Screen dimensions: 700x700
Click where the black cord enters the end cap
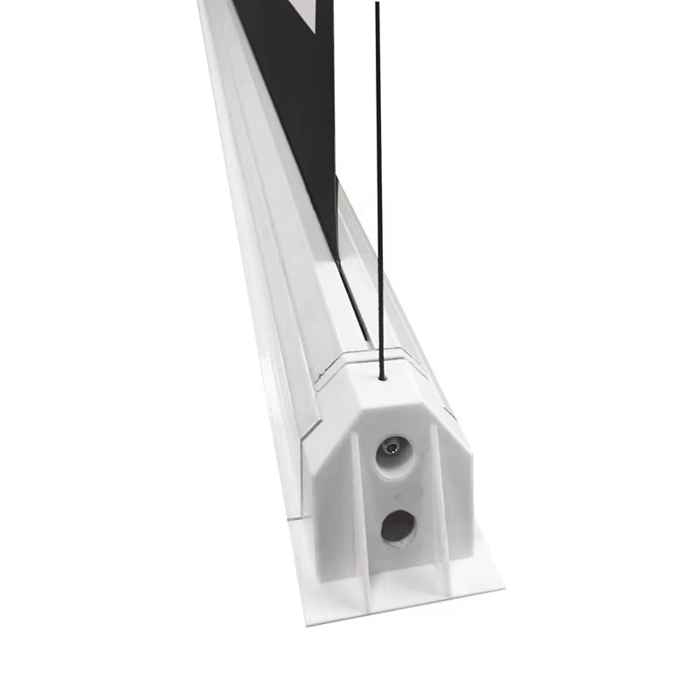(x=383, y=379)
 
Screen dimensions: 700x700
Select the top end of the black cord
(x=377, y=4)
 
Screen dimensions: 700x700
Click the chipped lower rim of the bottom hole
(x=398, y=542)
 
